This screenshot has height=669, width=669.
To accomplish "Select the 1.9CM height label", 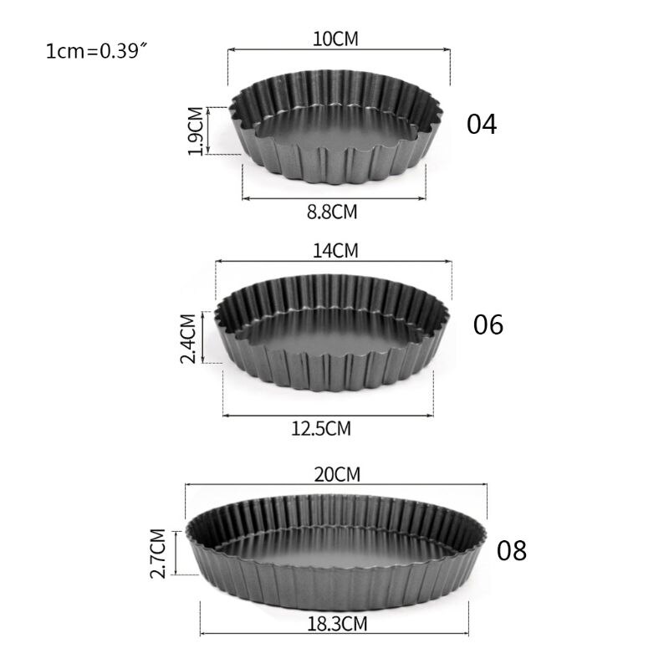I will point(195,130).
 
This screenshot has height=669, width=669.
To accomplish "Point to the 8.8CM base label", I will point(332,212).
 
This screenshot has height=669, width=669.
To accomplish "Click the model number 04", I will point(482,124).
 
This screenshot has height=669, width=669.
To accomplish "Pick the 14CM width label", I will point(334,250).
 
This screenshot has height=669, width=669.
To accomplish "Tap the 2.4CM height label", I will point(188,338).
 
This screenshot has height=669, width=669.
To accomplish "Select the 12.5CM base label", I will point(321,429).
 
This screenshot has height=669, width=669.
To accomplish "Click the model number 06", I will point(488,324).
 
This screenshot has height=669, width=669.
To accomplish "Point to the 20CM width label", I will point(336,473).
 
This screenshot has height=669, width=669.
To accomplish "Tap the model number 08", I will point(512,551).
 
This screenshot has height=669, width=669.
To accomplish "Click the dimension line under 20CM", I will point(336,484).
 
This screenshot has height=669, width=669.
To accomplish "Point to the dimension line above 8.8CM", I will point(334,198).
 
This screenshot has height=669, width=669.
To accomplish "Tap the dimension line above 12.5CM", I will point(328,415).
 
